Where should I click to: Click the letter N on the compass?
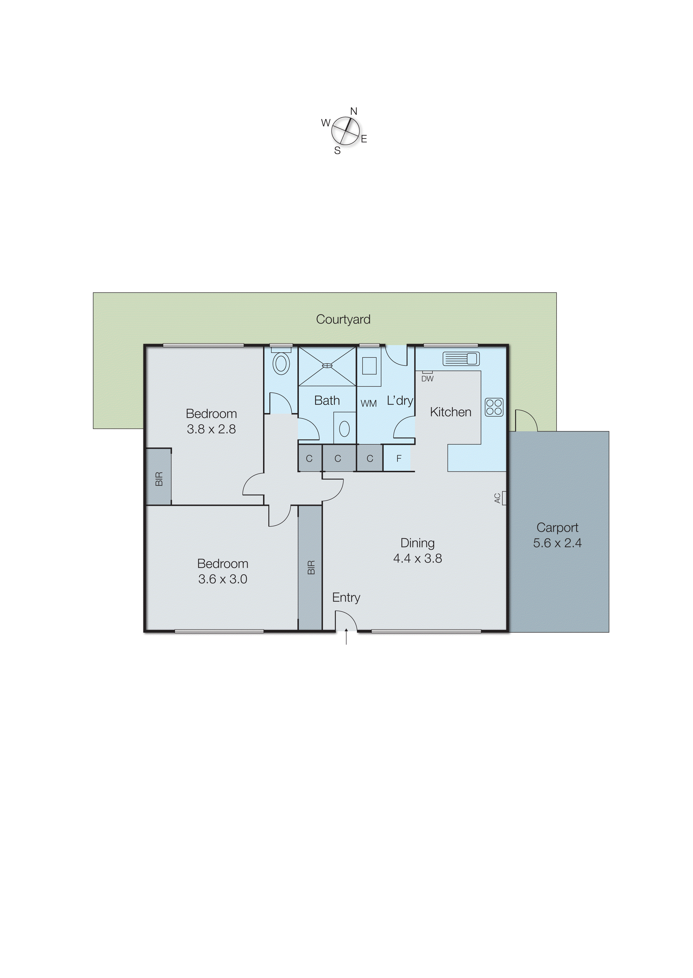(x=353, y=111)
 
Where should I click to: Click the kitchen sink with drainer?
(x=461, y=359)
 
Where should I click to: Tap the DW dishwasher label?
(x=427, y=379)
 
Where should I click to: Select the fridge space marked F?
(x=399, y=459)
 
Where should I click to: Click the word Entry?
(x=346, y=597)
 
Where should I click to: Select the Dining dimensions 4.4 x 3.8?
(x=417, y=558)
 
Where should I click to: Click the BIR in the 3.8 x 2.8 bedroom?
(x=159, y=479)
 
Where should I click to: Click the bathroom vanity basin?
(x=344, y=429)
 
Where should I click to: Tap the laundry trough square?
(x=369, y=366)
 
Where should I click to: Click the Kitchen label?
(x=451, y=412)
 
